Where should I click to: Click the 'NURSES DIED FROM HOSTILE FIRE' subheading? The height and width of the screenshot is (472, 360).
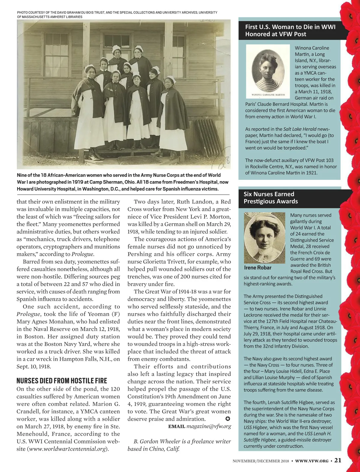pyautogui.click(x=61, y=381)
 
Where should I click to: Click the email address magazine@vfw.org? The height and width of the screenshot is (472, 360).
pyautogui.click(x=209, y=426)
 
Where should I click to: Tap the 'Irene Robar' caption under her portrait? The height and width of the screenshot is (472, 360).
pyautogui.click(x=257, y=268)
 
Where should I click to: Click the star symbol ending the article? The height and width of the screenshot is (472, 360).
pyautogui.click(x=227, y=418)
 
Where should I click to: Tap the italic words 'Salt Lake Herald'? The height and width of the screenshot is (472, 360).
pyautogui.click(x=300, y=129)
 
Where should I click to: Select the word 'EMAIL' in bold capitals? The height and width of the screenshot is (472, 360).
pyautogui.click(x=176, y=426)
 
